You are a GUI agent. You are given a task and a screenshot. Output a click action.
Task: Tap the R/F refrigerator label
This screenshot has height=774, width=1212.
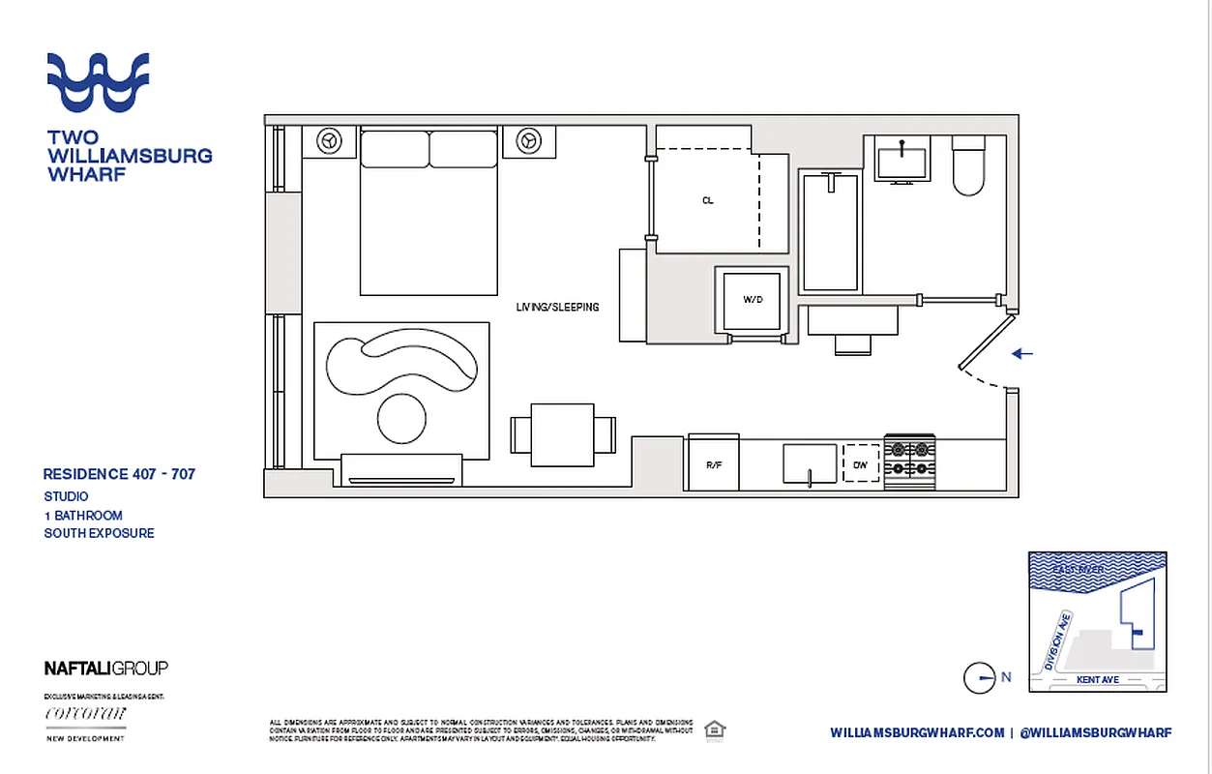(x=714, y=465)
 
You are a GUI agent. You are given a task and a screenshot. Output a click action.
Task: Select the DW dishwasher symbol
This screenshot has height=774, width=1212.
(x=860, y=464)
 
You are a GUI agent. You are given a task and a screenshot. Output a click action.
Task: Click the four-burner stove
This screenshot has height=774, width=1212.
(x=909, y=461)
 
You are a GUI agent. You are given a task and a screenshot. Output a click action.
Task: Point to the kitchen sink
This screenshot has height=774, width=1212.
(x=809, y=462)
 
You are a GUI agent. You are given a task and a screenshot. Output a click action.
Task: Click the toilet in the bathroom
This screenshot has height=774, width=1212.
(x=968, y=166)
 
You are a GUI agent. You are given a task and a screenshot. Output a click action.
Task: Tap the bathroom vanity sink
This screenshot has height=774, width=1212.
(x=902, y=158)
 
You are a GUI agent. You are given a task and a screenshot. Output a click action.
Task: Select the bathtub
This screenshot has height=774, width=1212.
(x=830, y=231)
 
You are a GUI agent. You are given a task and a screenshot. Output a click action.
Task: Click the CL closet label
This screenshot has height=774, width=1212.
(x=708, y=201)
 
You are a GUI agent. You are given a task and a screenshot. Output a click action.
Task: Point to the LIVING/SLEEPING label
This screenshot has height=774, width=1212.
(x=557, y=307)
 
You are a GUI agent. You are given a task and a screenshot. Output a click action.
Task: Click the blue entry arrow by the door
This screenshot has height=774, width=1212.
(x=1022, y=354)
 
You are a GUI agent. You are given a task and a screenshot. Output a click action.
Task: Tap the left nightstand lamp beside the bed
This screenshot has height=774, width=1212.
(x=329, y=140)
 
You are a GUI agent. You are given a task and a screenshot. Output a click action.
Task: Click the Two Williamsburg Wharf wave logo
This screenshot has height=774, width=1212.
(x=99, y=82)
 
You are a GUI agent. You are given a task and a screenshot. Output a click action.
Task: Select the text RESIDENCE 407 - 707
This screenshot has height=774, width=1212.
(x=119, y=474)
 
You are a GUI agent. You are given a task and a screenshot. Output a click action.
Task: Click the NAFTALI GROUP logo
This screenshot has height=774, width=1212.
(x=106, y=668)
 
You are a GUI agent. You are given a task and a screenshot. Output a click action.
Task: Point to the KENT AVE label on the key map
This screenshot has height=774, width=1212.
(x=1097, y=680)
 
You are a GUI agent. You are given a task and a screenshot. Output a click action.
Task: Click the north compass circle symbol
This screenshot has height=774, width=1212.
(x=979, y=678)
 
